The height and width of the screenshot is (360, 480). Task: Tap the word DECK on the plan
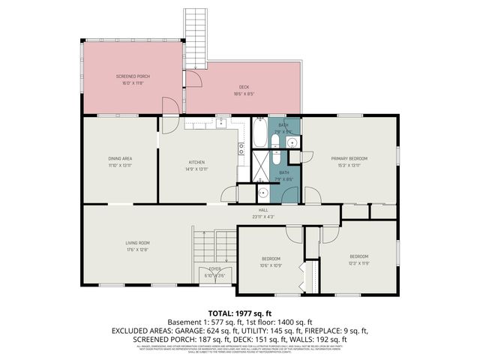[x=243, y=87]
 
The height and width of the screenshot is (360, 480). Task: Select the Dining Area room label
[x=120, y=158]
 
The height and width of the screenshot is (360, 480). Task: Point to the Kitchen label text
[x=196, y=162]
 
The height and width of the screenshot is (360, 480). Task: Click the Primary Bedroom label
[x=349, y=158]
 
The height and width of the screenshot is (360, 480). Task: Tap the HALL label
[x=263, y=210]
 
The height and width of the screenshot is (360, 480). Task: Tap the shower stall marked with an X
[x=260, y=163]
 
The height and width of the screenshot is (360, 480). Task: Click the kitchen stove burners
[x=241, y=149]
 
